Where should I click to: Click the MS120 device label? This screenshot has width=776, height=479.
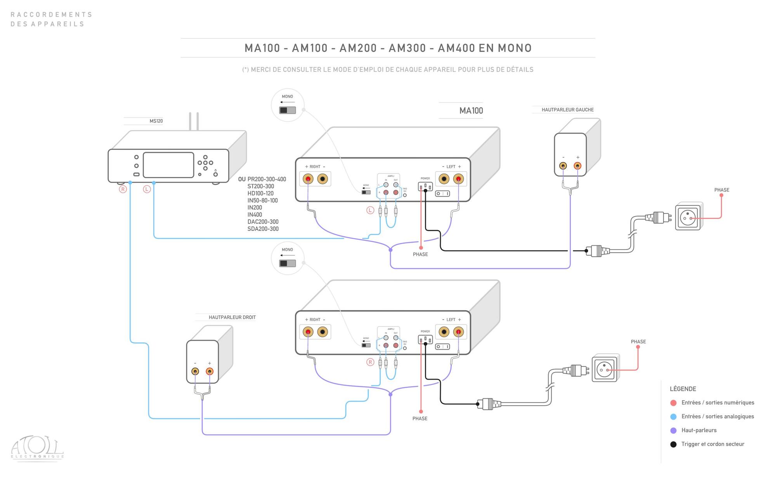(x=156, y=121)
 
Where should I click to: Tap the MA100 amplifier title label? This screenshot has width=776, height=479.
(x=471, y=111)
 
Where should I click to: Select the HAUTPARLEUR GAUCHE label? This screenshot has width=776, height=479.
(x=567, y=110)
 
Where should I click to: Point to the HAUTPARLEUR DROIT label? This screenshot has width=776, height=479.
(x=232, y=318)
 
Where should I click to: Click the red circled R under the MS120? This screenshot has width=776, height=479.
(x=123, y=189)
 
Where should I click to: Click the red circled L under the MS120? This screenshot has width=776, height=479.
(x=147, y=189)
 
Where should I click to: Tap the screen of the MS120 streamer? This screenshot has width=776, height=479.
(x=168, y=165)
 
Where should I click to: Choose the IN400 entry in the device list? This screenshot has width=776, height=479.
(x=255, y=215)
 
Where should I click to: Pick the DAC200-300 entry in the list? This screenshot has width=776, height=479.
(x=263, y=222)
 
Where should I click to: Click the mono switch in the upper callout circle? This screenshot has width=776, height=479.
(x=288, y=110)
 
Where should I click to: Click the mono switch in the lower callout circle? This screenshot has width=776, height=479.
(x=288, y=264)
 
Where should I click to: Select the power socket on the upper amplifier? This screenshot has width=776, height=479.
(x=425, y=187)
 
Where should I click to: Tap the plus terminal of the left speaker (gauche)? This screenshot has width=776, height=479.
(x=577, y=166)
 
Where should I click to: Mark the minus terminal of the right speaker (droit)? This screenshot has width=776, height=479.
(x=195, y=371)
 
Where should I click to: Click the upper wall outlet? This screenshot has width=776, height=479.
(x=688, y=217)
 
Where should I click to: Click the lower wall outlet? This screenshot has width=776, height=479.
(x=605, y=368)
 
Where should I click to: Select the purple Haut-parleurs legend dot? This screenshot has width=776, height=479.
(x=673, y=430)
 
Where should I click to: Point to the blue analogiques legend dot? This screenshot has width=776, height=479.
(x=673, y=417)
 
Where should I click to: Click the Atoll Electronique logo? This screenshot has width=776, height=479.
(x=37, y=448)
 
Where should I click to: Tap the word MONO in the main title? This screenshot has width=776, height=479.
(x=514, y=48)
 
